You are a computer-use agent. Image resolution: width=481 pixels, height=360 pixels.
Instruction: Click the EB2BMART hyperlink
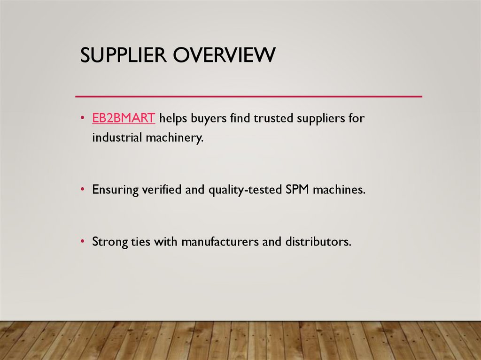coord(124,118)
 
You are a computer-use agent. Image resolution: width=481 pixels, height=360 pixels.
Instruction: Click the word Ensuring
coord(115,190)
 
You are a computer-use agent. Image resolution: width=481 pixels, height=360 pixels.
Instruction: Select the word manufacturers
coord(220,242)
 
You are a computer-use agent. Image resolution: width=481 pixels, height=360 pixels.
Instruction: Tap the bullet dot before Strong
coord(83,242)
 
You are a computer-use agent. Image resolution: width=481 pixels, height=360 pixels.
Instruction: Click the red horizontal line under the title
coord(249,96)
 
